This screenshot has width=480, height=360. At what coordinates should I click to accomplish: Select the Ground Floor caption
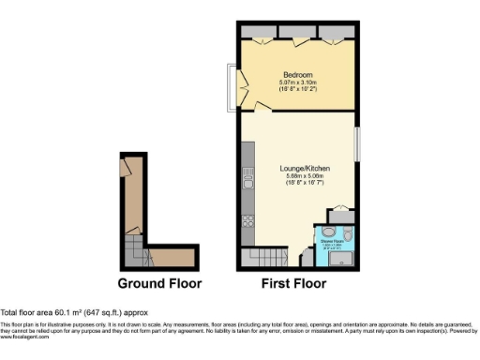click(x=158, y=282)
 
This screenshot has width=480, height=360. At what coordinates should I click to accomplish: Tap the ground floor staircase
click(x=135, y=248)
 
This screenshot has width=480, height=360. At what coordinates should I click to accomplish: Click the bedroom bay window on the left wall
click(x=231, y=85)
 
